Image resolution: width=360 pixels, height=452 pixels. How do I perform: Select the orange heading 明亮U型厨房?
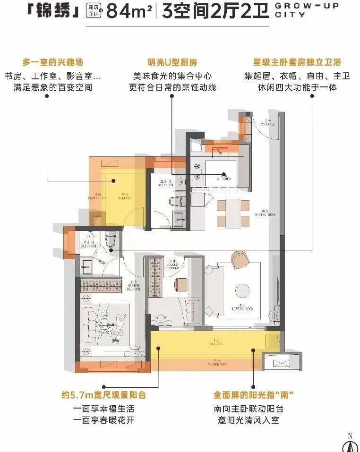point(172,62)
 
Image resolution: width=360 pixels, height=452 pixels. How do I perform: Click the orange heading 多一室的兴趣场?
point(56,62)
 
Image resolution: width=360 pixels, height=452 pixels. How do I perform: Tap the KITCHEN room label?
point(223,179)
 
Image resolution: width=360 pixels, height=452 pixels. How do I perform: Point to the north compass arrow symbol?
point(350,445)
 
